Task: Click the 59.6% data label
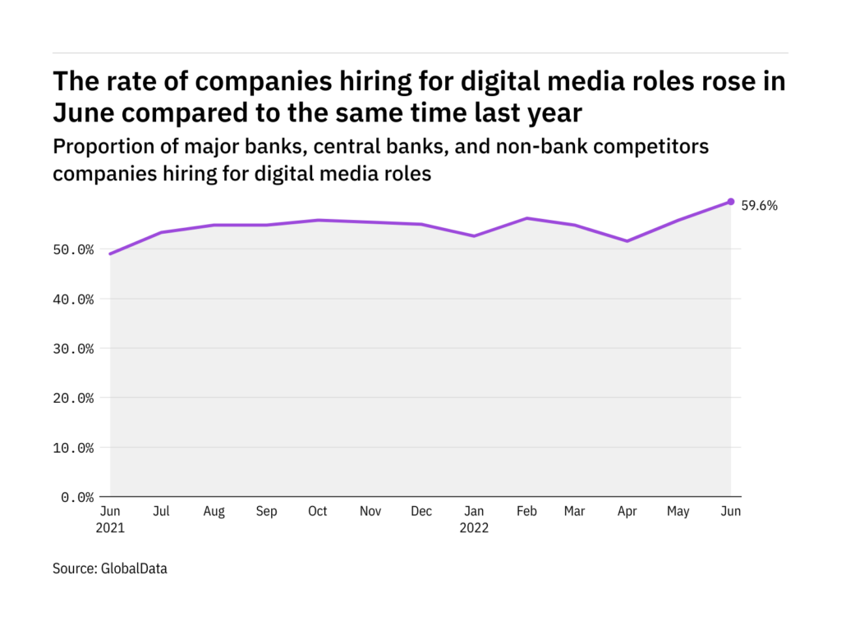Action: [759, 206]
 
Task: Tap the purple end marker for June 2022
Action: [731, 202]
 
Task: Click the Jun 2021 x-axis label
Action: [110, 519]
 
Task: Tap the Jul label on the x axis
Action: [162, 511]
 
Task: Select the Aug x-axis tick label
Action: [214, 511]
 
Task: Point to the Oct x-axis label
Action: [317, 511]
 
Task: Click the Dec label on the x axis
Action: [421, 511]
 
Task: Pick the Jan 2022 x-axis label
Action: [474, 519]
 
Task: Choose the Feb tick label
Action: [526, 511]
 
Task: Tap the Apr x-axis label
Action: [627, 511]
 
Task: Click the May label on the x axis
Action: [678, 511]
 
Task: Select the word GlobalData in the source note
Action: [134, 568]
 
